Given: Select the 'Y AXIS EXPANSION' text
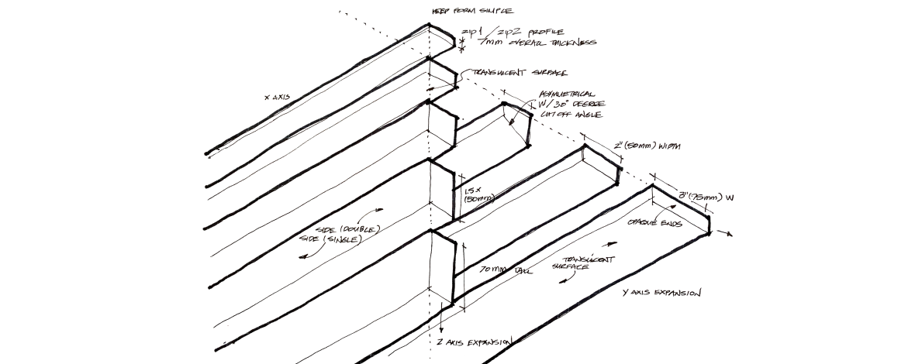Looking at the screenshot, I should pyautogui.click(x=662, y=294).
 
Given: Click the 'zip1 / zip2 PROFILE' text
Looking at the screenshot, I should pyautogui.click(x=508, y=33).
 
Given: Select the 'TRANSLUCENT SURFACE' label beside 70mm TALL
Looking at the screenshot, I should pyautogui.click(x=578, y=262).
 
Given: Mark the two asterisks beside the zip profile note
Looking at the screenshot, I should pyautogui.click(x=462, y=43).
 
